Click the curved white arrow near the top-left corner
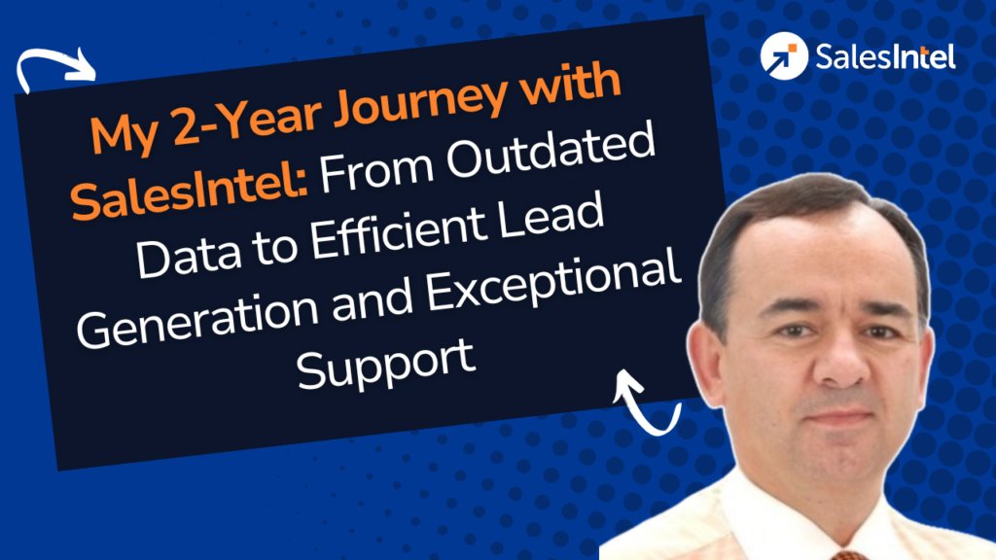pyautogui.click(x=54, y=55)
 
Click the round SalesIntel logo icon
pyautogui.click(x=784, y=55)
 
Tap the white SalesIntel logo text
pyautogui.click(x=885, y=56)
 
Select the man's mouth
pyautogui.click(x=838, y=419)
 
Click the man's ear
pyautogui.click(x=705, y=362)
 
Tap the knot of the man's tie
pyautogui.click(x=849, y=555)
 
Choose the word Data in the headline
pyautogui.click(x=189, y=254)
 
